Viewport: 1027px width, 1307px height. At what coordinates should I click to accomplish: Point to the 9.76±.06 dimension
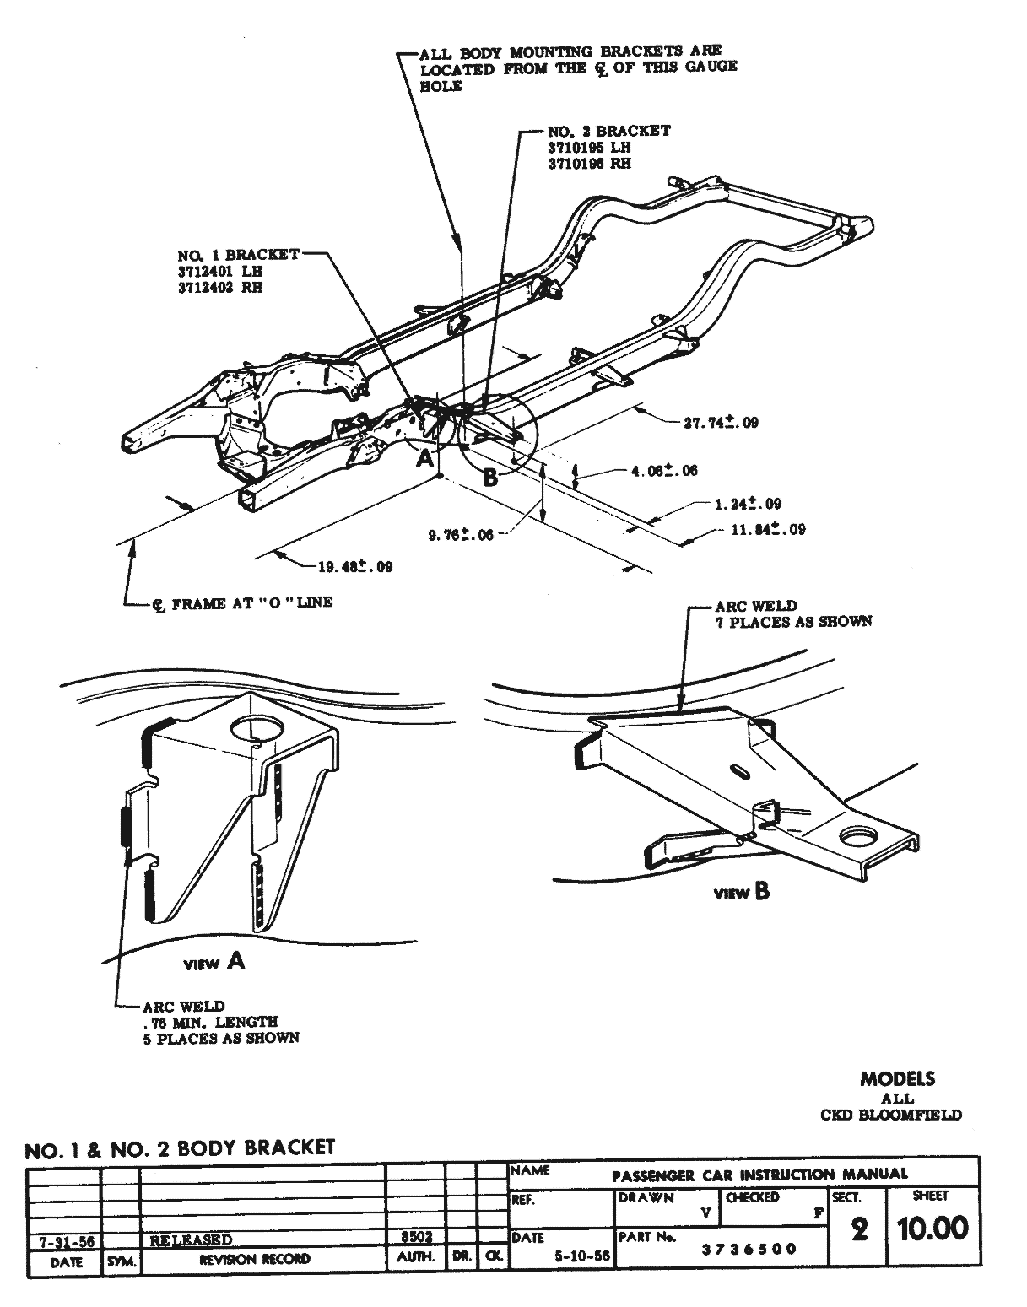tap(461, 533)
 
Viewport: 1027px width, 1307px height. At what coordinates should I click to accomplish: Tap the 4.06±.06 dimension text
tap(664, 470)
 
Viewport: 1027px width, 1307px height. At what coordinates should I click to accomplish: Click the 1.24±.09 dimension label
tap(748, 504)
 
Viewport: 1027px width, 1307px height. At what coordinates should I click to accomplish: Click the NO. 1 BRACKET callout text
tap(238, 254)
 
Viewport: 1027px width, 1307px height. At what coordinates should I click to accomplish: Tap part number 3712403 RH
tap(219, 287)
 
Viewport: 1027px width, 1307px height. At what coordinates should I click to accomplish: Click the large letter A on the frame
tap(425, 459)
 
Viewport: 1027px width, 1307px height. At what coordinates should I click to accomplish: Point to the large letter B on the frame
tap(489, 478)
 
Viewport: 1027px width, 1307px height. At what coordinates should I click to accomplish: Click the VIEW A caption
tap(214, 962)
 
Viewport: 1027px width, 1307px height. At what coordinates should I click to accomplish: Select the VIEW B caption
tap(742, 892)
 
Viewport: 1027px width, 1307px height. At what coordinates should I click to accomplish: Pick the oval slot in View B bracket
tap(738, 771)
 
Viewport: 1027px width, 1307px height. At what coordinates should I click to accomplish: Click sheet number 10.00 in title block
tap(932, 1229)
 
